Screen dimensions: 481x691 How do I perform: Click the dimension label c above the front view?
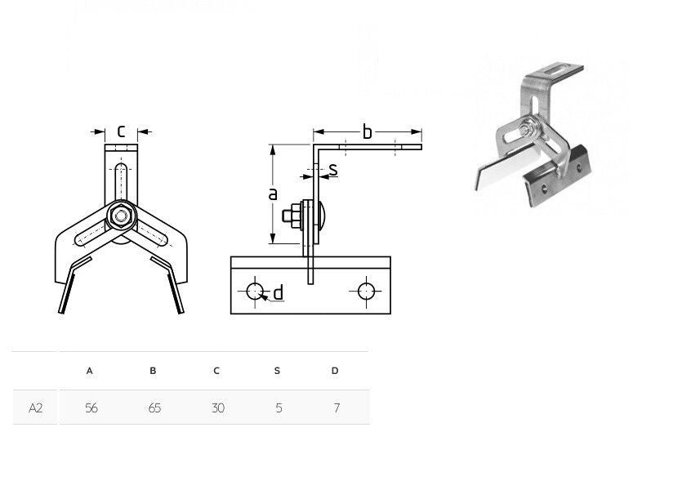click(121, 131)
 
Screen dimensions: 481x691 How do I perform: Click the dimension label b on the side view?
click(368, 132)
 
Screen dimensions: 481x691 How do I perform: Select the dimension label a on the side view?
click(273, 194)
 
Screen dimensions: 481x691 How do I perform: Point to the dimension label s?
click(332, 170)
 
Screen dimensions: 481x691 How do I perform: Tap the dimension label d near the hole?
click(278, 292)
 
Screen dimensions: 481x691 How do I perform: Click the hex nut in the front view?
click(122, 216)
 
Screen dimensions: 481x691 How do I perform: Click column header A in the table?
click(90, 371)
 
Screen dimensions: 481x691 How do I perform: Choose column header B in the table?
click(153, 371)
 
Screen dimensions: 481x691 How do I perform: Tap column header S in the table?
click(277, 371)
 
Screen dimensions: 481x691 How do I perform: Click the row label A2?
click(35, 408)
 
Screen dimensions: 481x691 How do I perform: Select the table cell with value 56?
click(91, 408)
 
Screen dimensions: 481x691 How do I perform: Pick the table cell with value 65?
click(154, 408)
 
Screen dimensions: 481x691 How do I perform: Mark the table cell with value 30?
click(217, 408)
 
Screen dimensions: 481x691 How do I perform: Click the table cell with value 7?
click(337, 408)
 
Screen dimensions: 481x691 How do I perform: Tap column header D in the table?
click(335, 371)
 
